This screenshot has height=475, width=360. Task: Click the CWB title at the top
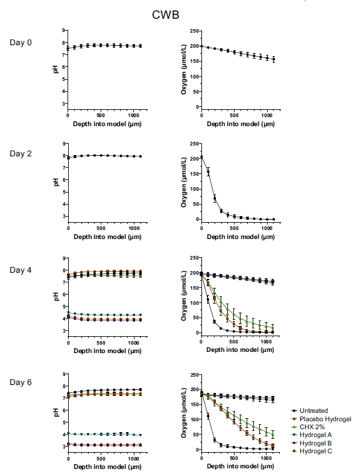tap(165, 14)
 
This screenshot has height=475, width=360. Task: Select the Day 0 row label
tap(21, 42)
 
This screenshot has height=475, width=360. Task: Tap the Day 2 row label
tap(21, 153)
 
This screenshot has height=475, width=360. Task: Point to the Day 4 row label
tap(21, 270)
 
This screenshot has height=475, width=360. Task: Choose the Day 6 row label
tap(21, 382)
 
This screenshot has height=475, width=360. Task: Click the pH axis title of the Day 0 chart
tap(55, 69)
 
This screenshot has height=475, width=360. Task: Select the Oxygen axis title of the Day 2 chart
tap(183, 182)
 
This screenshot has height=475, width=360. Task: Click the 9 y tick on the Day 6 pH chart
tap(63, 374)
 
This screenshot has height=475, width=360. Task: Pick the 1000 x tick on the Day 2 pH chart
tap(133, 228)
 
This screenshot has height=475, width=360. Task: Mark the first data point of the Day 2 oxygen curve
tap(201, 157)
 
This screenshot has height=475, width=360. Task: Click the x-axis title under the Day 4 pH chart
tap(107, 351)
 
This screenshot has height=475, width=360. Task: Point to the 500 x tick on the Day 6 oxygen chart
tap(234, 458)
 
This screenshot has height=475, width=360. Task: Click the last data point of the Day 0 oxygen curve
tap(273, 59)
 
